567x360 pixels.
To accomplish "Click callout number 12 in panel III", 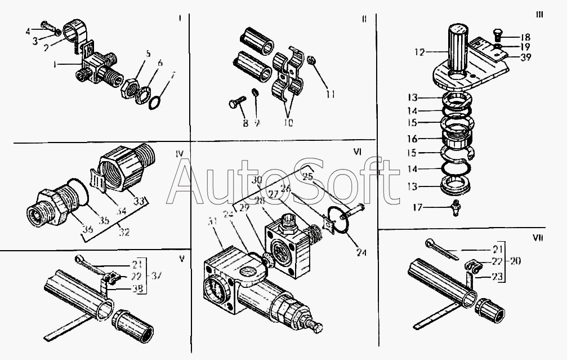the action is point(418,52).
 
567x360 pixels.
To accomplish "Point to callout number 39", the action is point(525,56).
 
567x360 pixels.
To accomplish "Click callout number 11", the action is point(330,95).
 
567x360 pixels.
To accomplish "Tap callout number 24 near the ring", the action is point(361,253).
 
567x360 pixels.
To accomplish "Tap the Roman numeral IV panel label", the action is point(178,152).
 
